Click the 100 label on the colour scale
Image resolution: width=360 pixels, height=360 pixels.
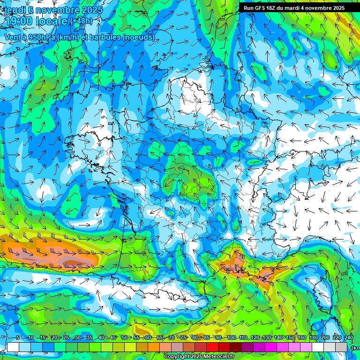[x=231, y=338]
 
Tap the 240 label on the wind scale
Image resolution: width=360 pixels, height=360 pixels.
[x=349, y=338]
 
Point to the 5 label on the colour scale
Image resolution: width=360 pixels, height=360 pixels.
[x=17, y=338]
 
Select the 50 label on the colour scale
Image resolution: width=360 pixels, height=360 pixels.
[x=124, y=338]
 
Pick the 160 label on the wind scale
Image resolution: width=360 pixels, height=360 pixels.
[x=301, y=338]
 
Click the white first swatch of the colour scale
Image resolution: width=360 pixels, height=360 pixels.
[x=13, y=347]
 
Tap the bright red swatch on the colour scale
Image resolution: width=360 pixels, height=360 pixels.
[x=212, y=347]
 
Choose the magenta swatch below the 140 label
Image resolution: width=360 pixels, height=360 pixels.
[x=283, y=347]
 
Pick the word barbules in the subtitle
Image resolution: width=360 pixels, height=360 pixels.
[x=104, y=37]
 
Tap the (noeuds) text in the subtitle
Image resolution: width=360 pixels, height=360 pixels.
[x=139, y=37]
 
